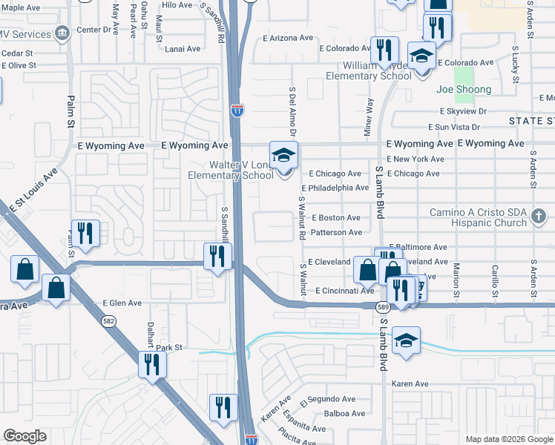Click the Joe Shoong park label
[464, 90]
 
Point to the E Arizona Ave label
[288, 38]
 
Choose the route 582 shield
[108, 320]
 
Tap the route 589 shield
[383, 306]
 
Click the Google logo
[24, 436]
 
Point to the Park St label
[168, 347]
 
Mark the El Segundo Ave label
[324, 401]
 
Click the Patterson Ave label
[336, 232]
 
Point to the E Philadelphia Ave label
[335, 188]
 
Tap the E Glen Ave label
[122, 303]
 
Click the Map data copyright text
[508, 439]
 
